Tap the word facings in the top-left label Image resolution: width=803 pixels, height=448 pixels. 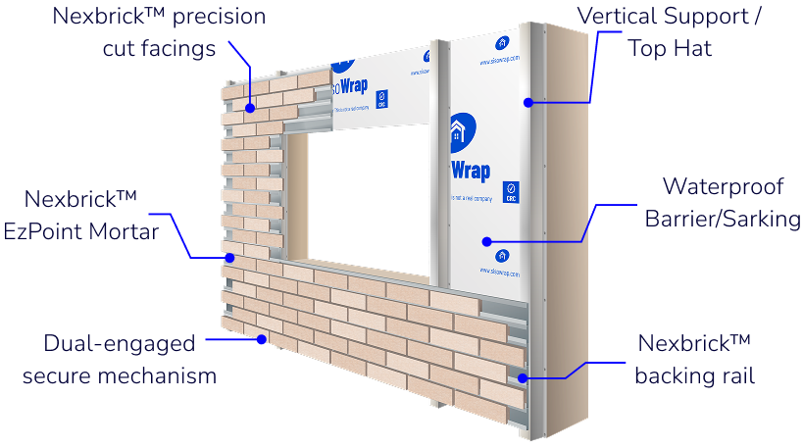186,47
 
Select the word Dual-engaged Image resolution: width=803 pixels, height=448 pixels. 120,344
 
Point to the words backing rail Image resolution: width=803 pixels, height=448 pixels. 693,374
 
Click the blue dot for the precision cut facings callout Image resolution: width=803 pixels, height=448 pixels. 251,107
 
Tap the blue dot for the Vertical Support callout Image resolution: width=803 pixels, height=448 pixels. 527,100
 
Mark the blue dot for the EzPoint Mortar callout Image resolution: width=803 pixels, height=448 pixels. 228,258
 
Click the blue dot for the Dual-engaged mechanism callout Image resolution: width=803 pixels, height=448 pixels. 261,339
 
